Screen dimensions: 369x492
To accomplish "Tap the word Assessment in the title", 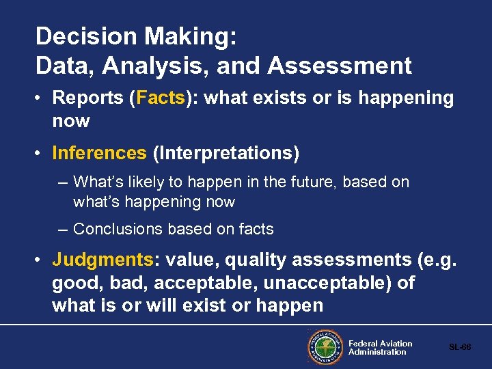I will [x=340, y=66].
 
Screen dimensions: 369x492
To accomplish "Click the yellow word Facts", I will [x=161, y=98].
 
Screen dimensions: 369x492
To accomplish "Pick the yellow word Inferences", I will [x=99, y=153].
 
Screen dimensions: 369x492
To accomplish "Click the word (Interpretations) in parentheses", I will [x=226, y=153].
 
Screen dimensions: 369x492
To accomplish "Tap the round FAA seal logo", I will [x=325, y=348].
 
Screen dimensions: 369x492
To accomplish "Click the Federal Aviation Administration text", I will [x=380, y=348].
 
